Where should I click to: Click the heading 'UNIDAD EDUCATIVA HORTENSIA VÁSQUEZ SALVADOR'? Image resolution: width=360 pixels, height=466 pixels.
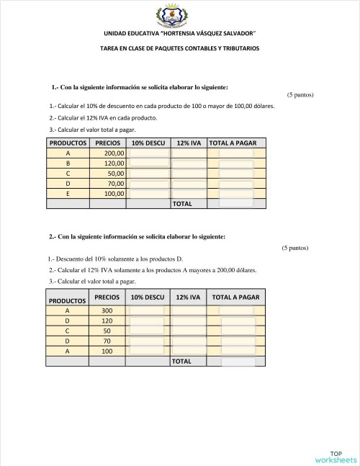(179, 34)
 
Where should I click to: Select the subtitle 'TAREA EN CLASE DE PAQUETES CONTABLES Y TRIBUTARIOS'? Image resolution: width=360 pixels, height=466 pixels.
(179, 48)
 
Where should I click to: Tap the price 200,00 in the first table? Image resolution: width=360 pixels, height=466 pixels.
(114, 153)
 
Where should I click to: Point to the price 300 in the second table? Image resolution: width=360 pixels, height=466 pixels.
(107, 310)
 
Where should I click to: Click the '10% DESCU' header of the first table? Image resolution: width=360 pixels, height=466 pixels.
(148, 143)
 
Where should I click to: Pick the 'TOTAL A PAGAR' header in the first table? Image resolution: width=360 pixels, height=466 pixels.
(236, 143)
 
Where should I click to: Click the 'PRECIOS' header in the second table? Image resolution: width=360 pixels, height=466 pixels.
(107, 297)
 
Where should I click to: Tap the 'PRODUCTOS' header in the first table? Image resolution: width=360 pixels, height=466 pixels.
(68, 143)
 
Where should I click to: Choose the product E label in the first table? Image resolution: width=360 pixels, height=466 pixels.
(68, 194)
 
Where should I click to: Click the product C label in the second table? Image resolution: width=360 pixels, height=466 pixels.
(68, 331)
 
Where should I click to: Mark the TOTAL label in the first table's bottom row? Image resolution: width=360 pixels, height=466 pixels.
(182, 204)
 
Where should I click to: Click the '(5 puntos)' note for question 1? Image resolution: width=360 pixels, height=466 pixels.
(300, 95)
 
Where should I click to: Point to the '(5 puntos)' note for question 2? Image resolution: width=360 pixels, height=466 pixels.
(295, 248)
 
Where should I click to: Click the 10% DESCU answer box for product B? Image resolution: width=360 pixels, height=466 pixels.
(149, 163)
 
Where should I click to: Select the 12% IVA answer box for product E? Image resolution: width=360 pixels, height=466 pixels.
(189, 194)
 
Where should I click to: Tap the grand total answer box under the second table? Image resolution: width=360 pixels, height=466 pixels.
(238, 361)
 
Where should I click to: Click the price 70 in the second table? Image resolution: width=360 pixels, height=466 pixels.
(107, 341)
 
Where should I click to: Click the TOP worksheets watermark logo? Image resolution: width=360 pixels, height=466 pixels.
(336, 456)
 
